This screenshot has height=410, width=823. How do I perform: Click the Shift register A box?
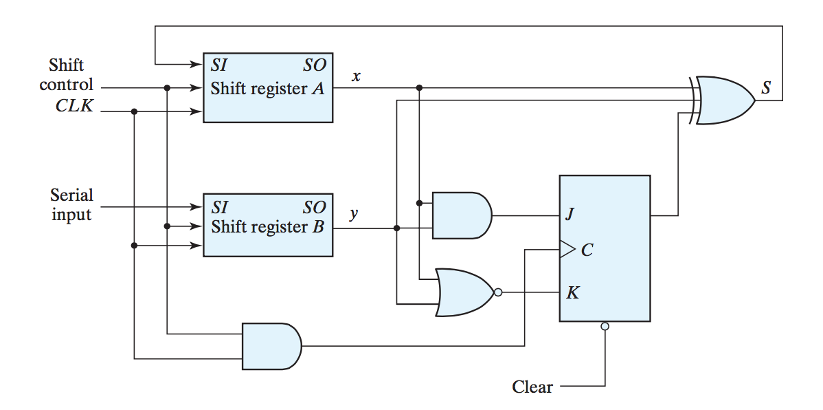pyautogui.click(x=267, y=87)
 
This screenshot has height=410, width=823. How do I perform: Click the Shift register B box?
pyautogui.click(x=267, y=225)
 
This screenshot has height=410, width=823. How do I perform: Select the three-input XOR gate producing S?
pyautogui.click(x=725, y=100)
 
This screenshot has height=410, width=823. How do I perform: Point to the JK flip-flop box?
pyautogui.click(x=605, y=248)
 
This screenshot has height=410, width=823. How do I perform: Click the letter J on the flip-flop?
pyautogui.click(x=570, y=215)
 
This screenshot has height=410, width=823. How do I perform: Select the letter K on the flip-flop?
pyautogui.click(x=572, y=293)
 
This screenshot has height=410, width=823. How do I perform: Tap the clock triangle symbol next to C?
pyautogui.click(x=567, y=250)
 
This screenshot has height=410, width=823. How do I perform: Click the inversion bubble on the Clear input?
pyautogui.click(x=605, y=326)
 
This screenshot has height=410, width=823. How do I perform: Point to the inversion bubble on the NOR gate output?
pyautogui.click(x=498, y=292)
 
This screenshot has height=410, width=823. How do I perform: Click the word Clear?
pyautogui.click(x=532, y=387)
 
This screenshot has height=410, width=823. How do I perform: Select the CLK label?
pyautogui.click(x=74, y=107)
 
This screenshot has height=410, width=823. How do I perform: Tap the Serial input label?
pyautogui.click(x=71, y=205)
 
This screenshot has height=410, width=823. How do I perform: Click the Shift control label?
pyautogui.click(x=66, y=75)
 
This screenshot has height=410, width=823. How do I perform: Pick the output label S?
pyautogui.click(x=766, y=88)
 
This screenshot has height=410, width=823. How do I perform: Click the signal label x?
pyautogui.click(x=356, y=76)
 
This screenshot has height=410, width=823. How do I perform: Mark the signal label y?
pyautogui.click(x=354, y=214)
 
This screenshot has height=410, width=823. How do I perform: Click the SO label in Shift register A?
pyautogui.click(x=315, y=66)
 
